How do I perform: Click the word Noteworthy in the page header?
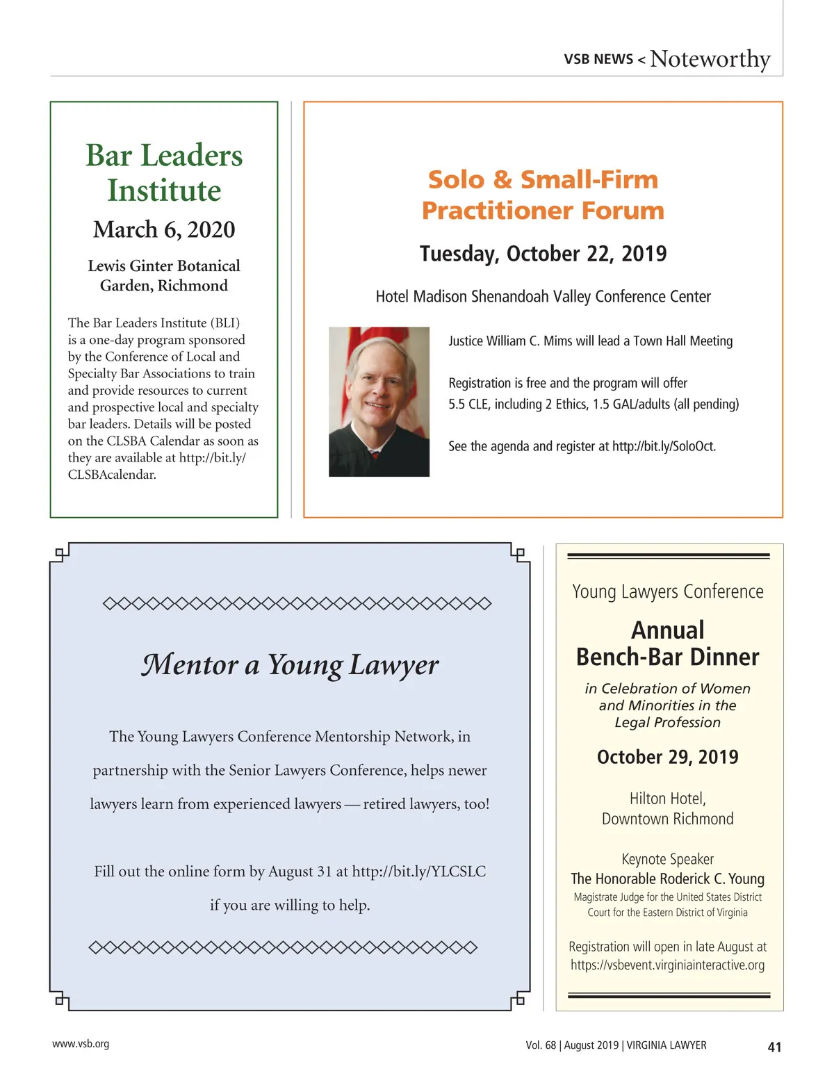click(x=710, y=59)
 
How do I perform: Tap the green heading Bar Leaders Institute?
click(x=164, y=172)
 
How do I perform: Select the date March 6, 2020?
click(x=164, y=229)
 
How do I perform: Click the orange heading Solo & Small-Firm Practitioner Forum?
click(x=543, y=195)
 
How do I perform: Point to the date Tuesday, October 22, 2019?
click(x=543, y=254)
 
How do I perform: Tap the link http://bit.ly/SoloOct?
click(x=664, y=446)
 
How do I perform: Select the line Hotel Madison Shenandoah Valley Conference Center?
click(x=543, y=297)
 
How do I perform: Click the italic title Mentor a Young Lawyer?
click(x=290, y=665)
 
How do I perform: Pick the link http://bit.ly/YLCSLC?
click(x=418, y=872)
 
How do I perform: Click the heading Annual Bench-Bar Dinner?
click(x=667, y=644)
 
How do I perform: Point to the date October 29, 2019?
click(x=667, y=757)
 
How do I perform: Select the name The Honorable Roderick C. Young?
click(x=667, y=878)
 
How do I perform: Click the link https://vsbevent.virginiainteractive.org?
click(x=667, y=965)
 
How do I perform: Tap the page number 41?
click(x=774, y=1047)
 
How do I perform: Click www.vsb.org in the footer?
click(x=81, y=1044)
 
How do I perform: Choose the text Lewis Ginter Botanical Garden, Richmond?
click(x=164, y=275)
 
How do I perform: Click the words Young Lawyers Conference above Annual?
click(x=667, y=591)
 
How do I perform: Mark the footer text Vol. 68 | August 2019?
click(x=572, y=1045)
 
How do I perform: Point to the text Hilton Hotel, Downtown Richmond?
click(x=667, y=808)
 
